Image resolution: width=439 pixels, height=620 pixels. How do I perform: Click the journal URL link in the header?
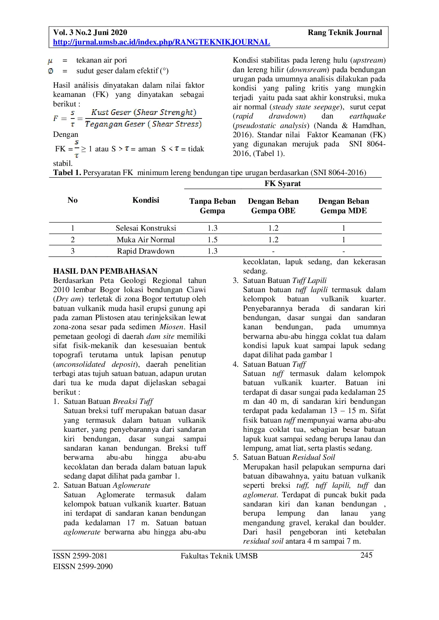[x=161, y=42]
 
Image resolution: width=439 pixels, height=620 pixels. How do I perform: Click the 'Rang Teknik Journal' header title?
[x=345, y=33]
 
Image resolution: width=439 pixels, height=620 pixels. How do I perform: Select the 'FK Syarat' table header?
[x=282, y=184]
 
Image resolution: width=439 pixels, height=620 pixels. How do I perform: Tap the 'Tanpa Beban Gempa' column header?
[x=212, y=206]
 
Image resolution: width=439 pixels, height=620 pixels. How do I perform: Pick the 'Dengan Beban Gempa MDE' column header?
[x=343, y=206]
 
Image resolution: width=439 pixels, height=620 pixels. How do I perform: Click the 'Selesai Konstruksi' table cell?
[x=146, y=228]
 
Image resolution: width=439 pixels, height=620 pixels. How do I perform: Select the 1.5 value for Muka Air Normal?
[x=212, y=240]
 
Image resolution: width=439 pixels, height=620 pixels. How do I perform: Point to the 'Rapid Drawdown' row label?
[x=146, y=251]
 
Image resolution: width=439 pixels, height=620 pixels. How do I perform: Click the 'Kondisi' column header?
[x=146, y=200]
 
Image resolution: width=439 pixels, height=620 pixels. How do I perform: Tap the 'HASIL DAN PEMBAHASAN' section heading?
[x=105, y=271]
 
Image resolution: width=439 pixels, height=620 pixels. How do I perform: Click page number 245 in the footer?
[x=366, y=555]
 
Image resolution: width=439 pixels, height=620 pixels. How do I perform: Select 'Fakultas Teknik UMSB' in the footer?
[x=219, y=556]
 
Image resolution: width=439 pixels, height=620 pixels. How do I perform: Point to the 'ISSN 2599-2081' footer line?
[x=80, y=556]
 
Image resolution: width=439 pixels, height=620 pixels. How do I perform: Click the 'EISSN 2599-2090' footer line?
[x=83, y=567]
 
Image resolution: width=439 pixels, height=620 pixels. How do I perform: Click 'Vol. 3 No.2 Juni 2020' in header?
[x=90, y=33]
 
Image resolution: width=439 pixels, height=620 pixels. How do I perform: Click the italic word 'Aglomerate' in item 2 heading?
[x=131, y=485]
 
